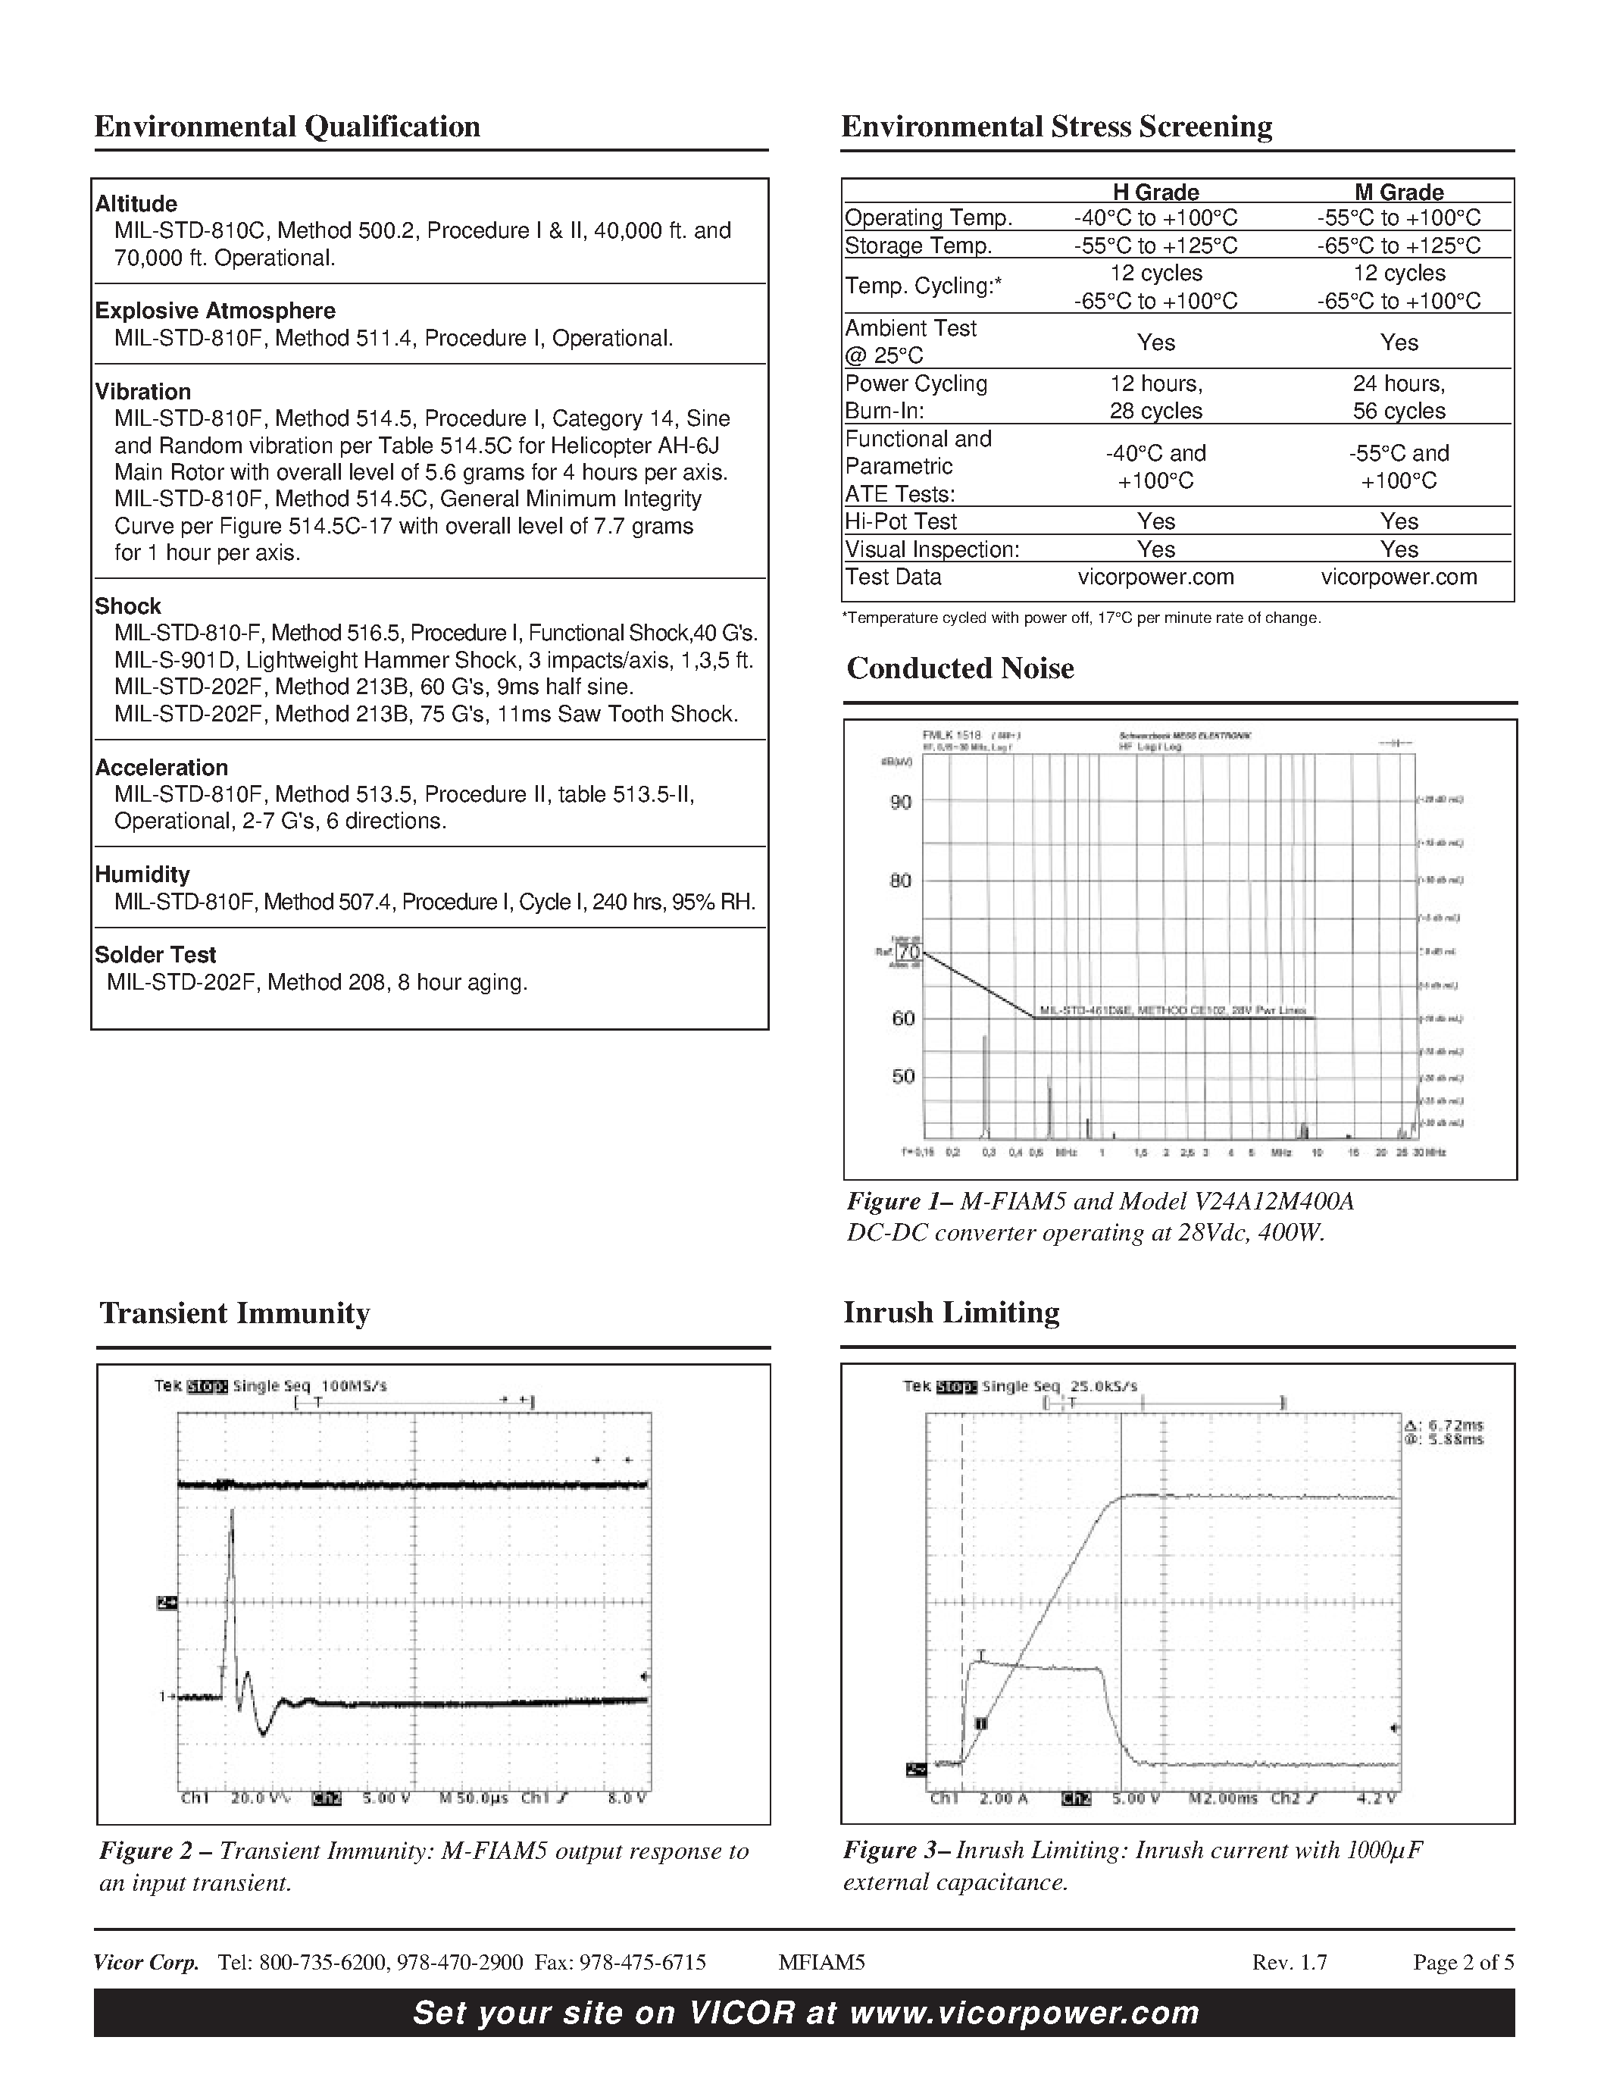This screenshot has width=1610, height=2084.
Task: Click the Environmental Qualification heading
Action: [287, 127]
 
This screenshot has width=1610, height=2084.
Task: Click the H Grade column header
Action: [1155, 192]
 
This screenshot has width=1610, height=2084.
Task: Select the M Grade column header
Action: [1399, 192]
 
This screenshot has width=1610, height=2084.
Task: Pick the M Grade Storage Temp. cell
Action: [1399, 246]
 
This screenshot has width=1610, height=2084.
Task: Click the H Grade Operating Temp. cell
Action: [1155, 217]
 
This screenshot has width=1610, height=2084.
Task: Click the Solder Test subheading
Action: [155, 955]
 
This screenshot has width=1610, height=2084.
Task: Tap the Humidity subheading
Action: [142, 875]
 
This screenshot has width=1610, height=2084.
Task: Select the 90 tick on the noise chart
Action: [900, 803]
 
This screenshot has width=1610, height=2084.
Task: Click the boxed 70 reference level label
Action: [909, 953]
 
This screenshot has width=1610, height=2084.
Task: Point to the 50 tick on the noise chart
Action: [902, 1076]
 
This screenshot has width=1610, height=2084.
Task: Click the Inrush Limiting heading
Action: [951, 1312]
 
